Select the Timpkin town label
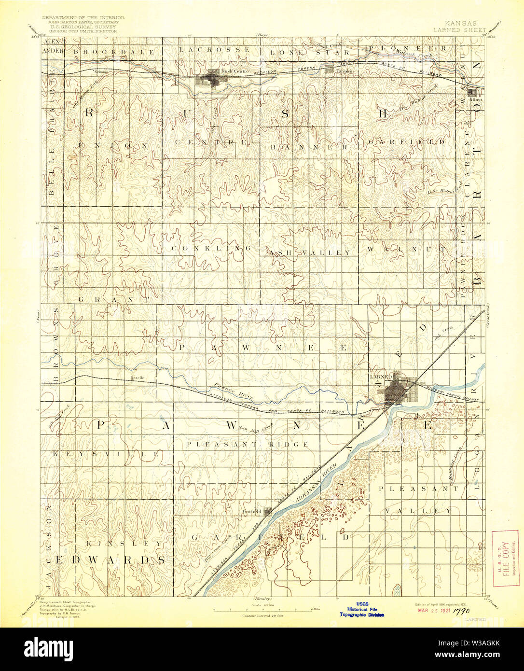pyautogui.click(x=345, y=71)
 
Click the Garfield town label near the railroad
pyautogui.click(x=252, y=511)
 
